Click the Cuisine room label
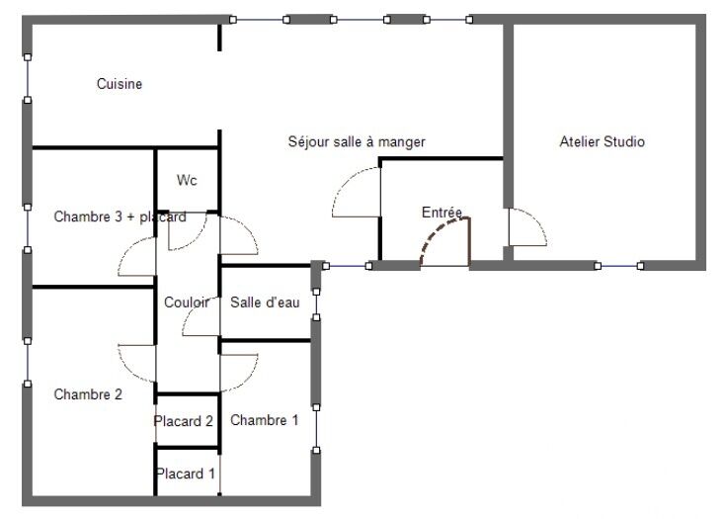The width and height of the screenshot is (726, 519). [119, 84]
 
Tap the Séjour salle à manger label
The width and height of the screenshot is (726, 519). [357, 141]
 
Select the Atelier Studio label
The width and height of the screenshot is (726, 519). [602, 141]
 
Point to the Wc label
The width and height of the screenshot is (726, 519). [187, 180]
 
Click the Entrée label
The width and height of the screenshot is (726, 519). [442, 213]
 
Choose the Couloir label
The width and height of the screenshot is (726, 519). [187, 303]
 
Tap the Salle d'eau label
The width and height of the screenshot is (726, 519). [265, 303]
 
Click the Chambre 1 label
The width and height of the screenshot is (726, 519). [264, 420]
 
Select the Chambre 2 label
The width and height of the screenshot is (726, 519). [88, 394]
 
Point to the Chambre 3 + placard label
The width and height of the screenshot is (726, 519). [120, 216]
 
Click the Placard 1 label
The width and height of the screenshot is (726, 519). [186, 474]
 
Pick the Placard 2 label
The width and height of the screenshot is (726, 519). [184, 421]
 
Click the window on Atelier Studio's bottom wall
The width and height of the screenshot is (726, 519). [619, 266]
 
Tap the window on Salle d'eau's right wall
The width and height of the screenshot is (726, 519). [316, 304]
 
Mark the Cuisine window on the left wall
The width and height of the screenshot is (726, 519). [28, 79]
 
